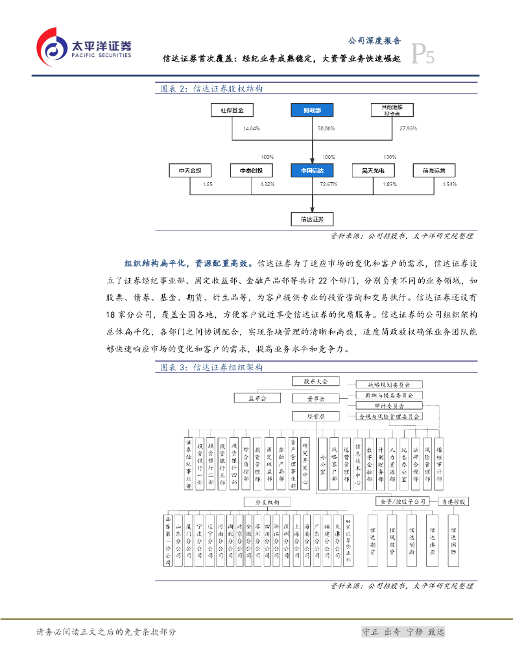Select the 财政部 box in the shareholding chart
(x=313, y=110)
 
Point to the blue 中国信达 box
(x=313, y=171)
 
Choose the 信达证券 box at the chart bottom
(x=313, y=219)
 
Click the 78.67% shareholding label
(x=328, y=185)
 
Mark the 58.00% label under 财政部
(x=326, y=128)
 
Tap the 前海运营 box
(x=435, y=171)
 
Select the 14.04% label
(x=252, y=128)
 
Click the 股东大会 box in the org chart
(x=311, y=381)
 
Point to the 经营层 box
(x=311, y=416)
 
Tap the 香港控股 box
(x=453, y=502)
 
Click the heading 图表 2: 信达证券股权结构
(x=211, y=89)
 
